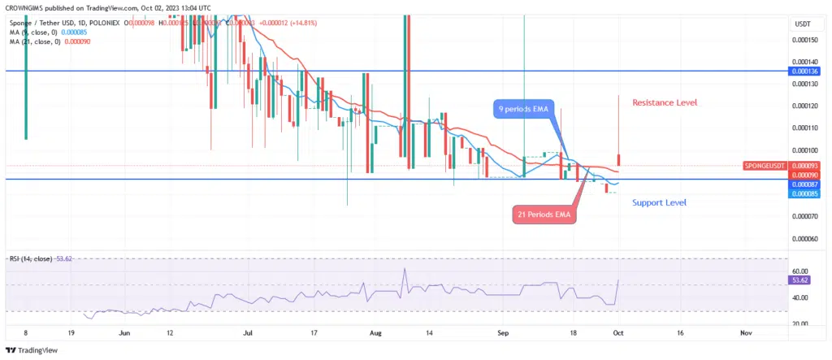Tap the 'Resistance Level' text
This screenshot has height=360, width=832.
point(665,103)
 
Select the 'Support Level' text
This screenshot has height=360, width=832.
point(659,202)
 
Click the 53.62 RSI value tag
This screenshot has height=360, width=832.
point(801,280)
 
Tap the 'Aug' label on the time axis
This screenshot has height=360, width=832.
point(375,332)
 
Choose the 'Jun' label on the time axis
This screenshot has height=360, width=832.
point(124,332)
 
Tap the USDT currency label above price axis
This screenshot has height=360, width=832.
point(803,24)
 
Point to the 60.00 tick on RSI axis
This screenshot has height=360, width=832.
point(801,271)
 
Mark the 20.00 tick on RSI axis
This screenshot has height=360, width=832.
point(801,323)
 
